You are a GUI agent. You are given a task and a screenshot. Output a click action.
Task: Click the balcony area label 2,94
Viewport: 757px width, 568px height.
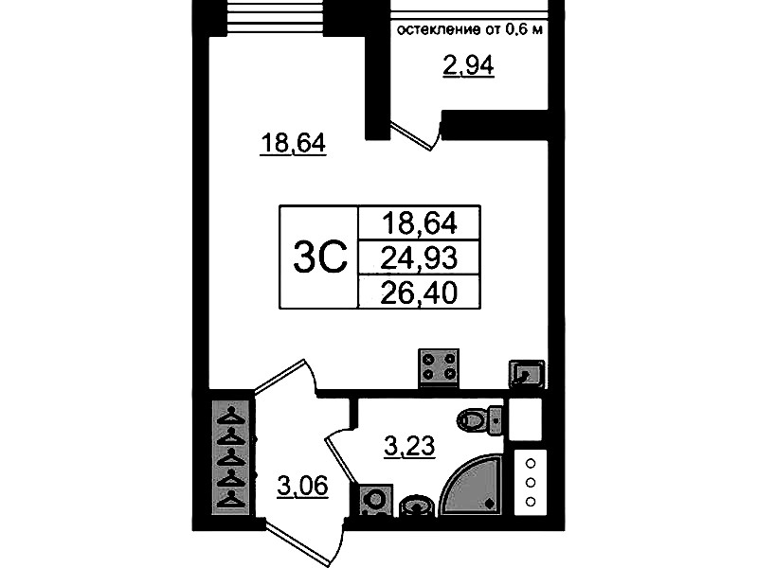click(x=468, y=66)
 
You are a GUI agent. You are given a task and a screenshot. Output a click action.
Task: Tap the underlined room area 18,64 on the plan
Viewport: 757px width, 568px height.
click(x=293, y=143)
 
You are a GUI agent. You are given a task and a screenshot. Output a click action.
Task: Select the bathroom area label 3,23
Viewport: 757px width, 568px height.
click(x=409, y=446)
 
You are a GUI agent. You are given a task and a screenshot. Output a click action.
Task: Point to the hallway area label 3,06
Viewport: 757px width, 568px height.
click(x=302, y=486)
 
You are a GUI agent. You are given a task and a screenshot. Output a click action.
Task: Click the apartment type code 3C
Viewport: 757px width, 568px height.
click(x=320, y=257)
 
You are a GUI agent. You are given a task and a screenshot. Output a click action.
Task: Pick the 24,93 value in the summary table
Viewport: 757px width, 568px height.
click(x=419, y=257)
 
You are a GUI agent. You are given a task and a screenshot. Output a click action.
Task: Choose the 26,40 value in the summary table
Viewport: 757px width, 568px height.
click(x=419, y=293)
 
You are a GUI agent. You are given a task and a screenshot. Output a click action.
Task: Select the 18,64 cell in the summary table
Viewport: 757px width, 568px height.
click(x=419, y=223)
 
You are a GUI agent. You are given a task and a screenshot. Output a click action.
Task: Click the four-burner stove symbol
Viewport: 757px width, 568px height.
click(x=439, y=367)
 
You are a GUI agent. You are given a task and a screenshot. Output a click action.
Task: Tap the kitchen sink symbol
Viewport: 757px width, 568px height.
click(x=526, y=374)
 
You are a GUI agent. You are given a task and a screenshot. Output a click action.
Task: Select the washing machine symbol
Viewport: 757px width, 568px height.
click(x=376, y=500)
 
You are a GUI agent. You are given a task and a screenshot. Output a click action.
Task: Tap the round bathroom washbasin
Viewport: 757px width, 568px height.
click(x=417, y=506)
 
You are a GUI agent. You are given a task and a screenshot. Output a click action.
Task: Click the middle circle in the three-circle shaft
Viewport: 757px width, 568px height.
click(x=531, y=483)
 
